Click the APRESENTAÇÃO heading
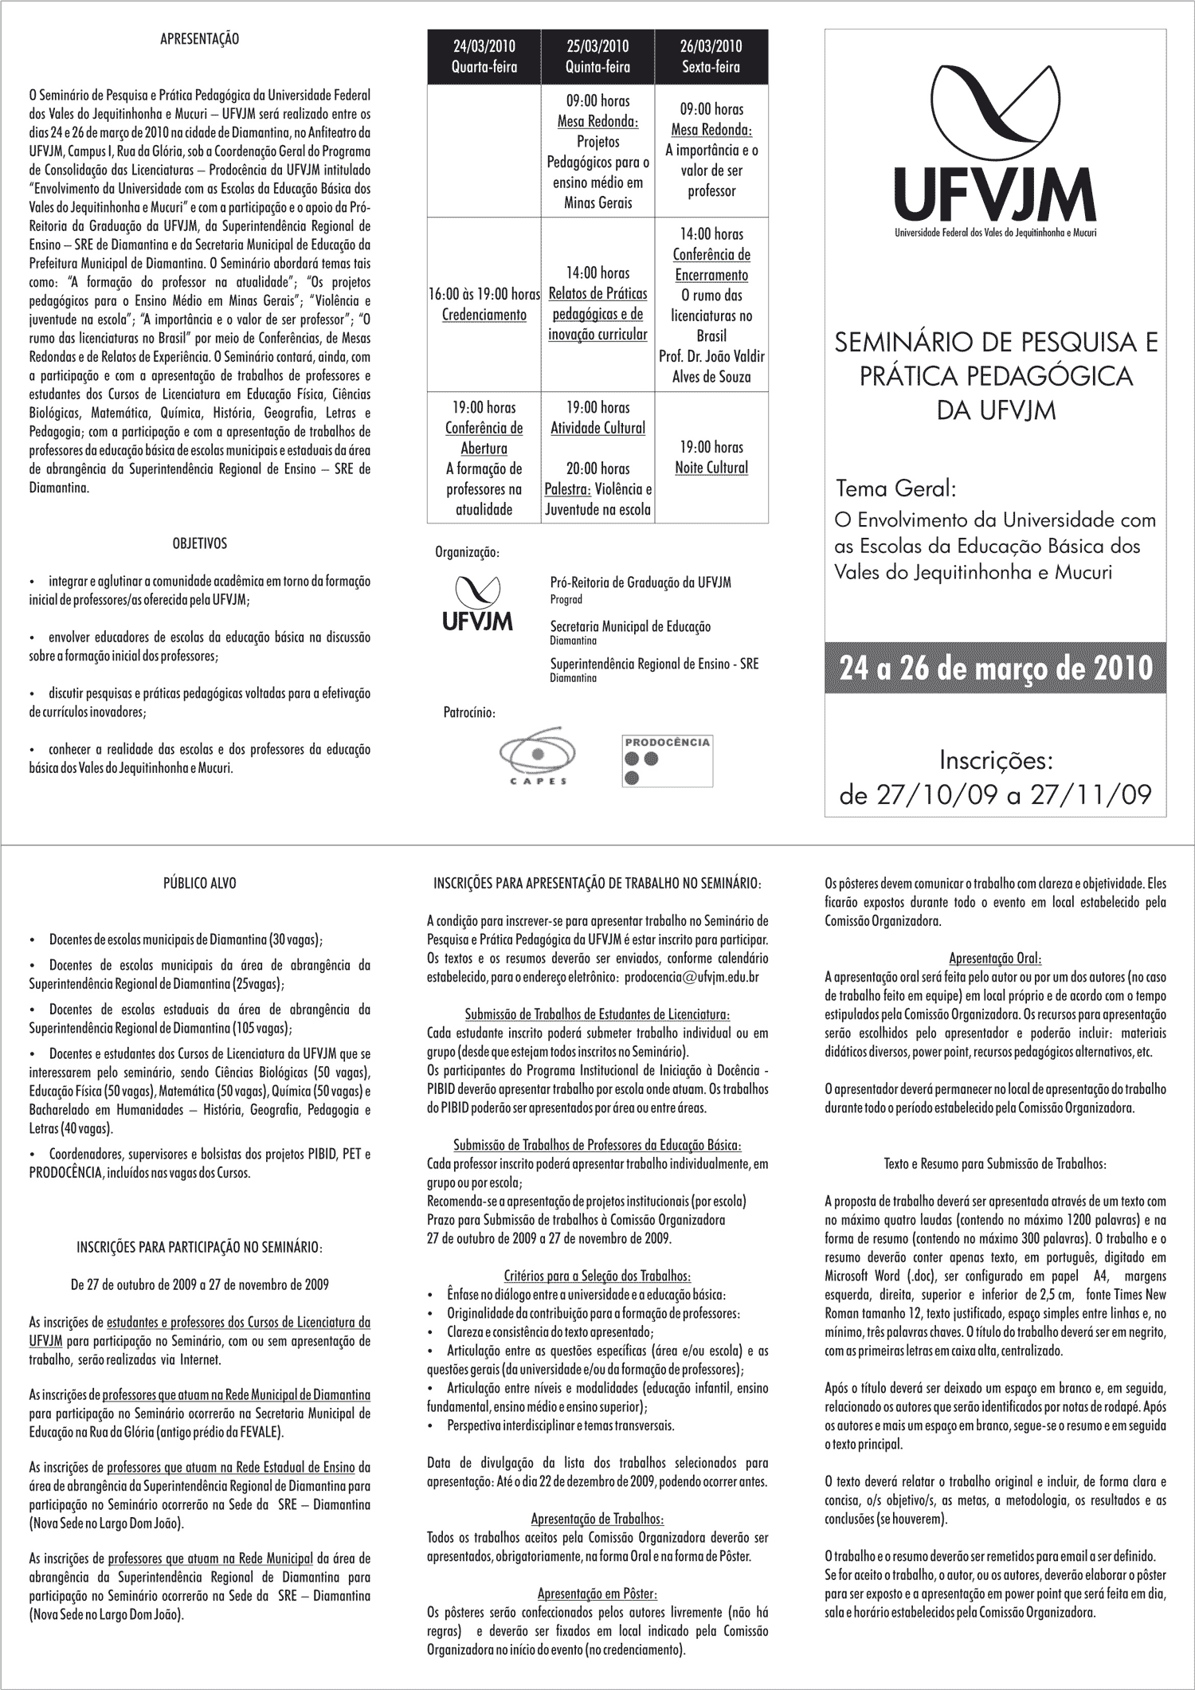199,38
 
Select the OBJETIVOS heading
199,543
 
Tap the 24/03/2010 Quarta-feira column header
484,57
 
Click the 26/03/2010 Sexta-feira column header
711,57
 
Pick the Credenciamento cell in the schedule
484,315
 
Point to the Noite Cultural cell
711,468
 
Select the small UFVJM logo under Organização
478,604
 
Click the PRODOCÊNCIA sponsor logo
668,762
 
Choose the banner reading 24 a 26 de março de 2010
995,668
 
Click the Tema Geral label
896,487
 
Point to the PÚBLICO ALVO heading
199,883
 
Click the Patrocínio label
469,712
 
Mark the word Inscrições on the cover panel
996,760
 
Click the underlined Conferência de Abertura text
484,438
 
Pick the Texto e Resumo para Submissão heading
995,1163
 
